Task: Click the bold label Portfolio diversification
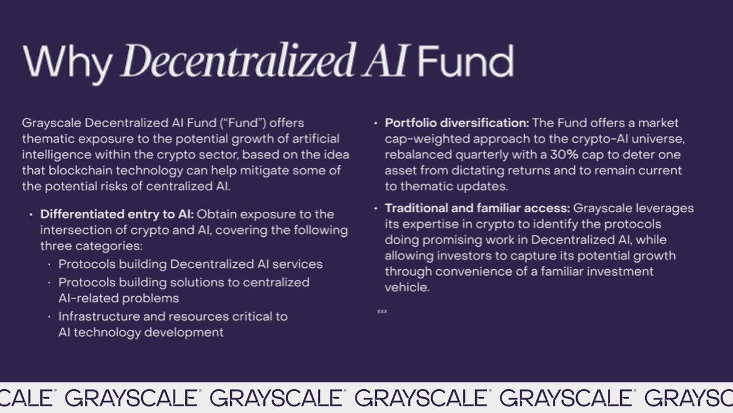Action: coord(453,123)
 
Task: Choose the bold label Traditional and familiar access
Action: coord(477,208)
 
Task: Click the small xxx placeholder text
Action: coord(382,311)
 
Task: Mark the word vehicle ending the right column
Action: coord(407,286)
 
